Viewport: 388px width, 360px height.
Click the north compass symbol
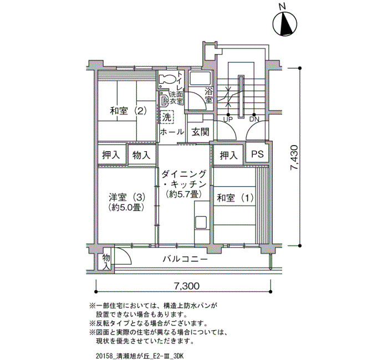[x=285, y=24]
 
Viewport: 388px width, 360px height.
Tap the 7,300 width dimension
[x=187, y=286]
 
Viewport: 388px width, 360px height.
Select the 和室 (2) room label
[x=128, y=111]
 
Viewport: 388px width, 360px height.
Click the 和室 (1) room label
[x=235, y=198]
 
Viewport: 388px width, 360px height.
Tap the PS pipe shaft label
[x=257, y=155]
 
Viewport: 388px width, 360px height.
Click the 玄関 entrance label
[x=201, y=132]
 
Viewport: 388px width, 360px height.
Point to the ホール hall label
[x=172, y=132]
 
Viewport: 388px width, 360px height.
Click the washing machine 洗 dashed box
[x=167, y=117]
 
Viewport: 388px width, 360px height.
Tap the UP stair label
[x=228, y=120]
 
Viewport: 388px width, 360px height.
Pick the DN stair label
[x=254, y=120]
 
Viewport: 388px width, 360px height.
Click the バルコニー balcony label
[x=185, y=259]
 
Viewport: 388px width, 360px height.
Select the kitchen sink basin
[x=201, y=223]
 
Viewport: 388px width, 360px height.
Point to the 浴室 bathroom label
[x=208, y=96]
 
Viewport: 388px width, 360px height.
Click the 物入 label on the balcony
[x=106, y=262]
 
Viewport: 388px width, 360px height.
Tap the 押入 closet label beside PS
[x=228, y=156]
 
